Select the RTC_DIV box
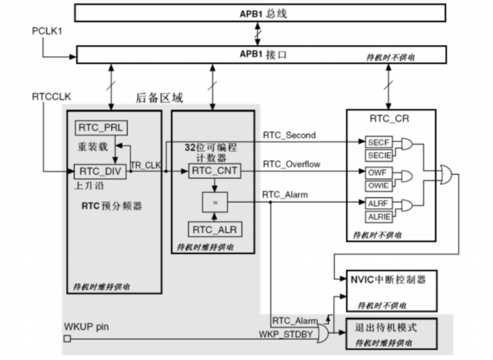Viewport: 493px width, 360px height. point(100,172)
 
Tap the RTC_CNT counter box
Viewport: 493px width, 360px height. point(214,172)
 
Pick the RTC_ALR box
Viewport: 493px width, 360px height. point(214,229)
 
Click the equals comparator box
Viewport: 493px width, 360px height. point(214,202)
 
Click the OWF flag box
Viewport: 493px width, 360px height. point(377,172)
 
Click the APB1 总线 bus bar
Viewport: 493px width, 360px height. point(260,13)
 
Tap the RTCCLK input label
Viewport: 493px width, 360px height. point(52,96)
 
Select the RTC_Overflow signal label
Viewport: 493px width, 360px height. point(291,164)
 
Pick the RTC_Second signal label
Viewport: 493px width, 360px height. point(289,136)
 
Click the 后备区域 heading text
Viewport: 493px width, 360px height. point(159,98)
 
